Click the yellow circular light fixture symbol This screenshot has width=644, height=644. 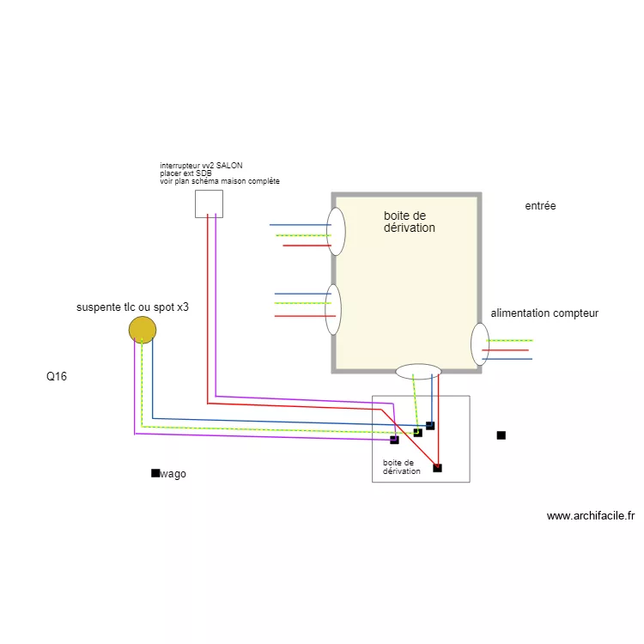click(143, 330)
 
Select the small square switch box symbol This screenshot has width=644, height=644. click(209, 204)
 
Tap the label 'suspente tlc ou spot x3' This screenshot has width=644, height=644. click(133, 307)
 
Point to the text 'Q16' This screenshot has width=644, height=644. click(57, 376)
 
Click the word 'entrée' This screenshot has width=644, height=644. click(540, 206)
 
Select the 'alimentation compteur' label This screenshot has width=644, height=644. click(544, 313)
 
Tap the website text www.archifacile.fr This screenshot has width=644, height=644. click(590, 516)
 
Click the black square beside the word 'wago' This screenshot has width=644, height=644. click(155, 473)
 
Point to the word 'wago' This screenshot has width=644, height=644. click(173, 474)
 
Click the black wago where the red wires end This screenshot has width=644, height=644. click(437, 468)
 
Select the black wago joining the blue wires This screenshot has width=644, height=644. click(430, 426)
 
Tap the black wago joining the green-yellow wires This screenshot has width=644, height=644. click(418, 433)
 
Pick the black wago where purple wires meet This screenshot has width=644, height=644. click(394, 440)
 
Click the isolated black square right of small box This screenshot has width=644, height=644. click(501, 435)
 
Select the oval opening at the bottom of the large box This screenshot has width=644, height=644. click(418, 372)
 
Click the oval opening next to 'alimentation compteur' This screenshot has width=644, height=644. click(480, 344)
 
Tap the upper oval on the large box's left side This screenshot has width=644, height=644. click(337, 231)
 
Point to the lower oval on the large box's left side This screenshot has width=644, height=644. click(334, 309)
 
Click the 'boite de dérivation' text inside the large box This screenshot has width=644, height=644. click(409, 222)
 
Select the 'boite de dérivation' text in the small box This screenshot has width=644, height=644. click(402, 467)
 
